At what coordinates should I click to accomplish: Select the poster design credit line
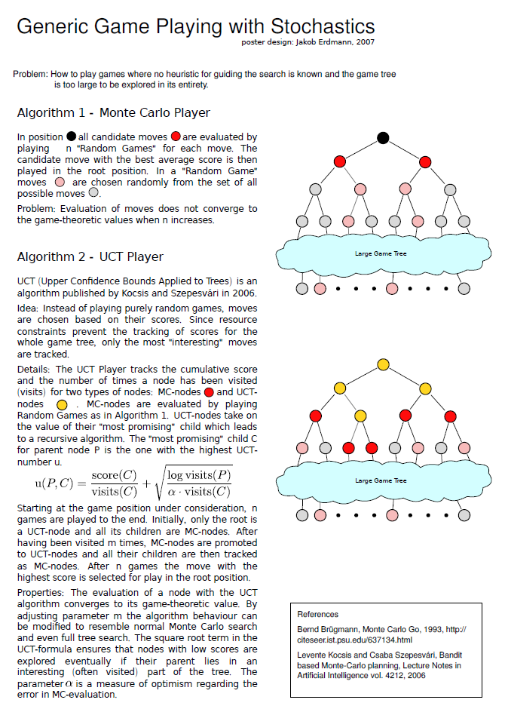click(x=308, y=42)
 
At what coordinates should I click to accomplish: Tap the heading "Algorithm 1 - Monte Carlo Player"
click(x=113, y=113)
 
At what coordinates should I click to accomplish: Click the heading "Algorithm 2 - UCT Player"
click(x=90, y=256)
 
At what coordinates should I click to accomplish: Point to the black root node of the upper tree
click(x=383, y=138)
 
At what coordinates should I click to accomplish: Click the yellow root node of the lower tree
click(x=383, y=364)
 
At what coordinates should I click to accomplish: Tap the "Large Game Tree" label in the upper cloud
click(x=381, y=253)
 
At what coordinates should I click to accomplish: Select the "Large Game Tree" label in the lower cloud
click(x=381, y=480)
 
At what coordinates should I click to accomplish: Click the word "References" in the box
click(x=318, y=614)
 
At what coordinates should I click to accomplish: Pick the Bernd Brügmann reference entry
click(x=381, y=634)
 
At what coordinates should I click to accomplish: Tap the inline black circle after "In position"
click(x=71, y=137)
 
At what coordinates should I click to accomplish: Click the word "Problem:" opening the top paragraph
click(x=31, y=74)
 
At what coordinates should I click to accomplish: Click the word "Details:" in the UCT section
click(x=35, y=370)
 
